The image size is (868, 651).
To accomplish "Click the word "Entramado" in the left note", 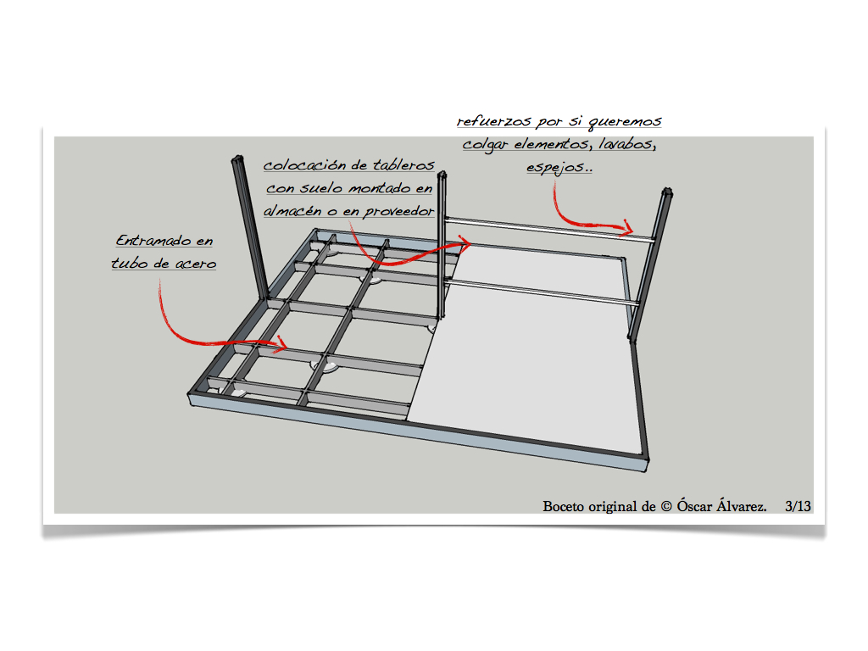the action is [155, 240].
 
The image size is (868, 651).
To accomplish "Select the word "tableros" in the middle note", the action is [403, 165].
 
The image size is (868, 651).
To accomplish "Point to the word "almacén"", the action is [292, 211].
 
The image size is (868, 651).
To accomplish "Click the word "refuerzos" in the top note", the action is [493, 120].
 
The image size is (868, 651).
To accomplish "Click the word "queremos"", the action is [625, 122].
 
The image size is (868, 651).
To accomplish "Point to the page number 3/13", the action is [798, 506].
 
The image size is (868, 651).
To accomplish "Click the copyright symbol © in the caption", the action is [666, 507].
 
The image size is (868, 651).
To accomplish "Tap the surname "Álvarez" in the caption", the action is [742, 505].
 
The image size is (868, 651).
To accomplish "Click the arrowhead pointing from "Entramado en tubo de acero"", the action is [282, 344].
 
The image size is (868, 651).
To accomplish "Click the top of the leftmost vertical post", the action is [237, 159].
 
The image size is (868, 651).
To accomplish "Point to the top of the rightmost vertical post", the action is [667, 192].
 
